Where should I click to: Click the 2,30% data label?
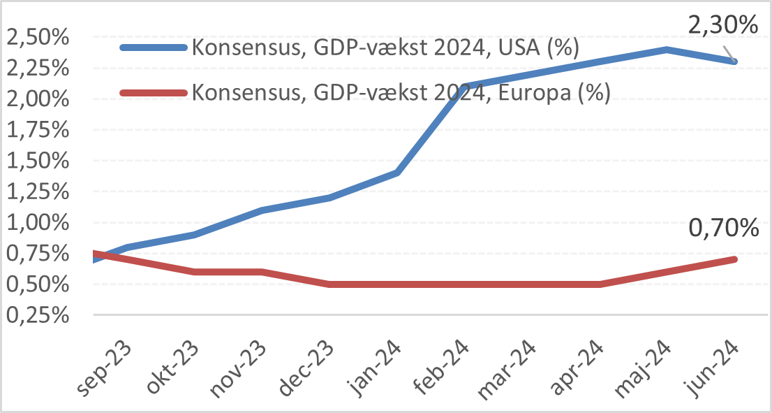[722, 27]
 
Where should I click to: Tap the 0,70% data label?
[722, 229]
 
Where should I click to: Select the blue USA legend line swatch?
[154, 48]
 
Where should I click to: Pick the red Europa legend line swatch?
[154, 92]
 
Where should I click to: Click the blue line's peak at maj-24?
[667, 50]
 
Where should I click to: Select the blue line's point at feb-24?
[464, 87]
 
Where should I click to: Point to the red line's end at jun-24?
[734, 259]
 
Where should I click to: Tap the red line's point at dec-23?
[329, 284]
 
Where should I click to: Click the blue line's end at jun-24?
[734, 61]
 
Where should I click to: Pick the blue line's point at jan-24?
[397, 172]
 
